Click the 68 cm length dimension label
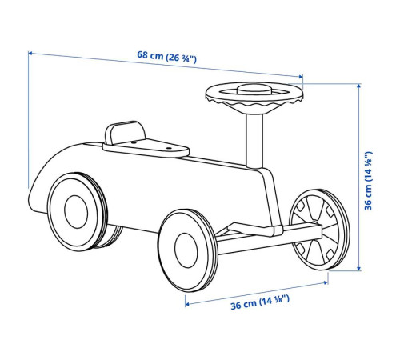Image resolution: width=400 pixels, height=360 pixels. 167,57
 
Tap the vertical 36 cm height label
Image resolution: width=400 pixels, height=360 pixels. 368,181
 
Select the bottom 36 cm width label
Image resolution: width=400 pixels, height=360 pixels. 260,302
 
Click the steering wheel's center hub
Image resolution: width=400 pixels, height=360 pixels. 254,89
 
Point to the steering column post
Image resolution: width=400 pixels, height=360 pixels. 254,141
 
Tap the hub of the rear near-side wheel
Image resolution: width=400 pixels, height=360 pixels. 76,212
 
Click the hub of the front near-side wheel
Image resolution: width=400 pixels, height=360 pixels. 186,250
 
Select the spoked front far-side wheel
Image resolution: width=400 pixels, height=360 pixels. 319,230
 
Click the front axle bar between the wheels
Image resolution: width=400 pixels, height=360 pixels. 270,239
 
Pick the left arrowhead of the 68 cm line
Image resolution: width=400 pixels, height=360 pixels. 30,54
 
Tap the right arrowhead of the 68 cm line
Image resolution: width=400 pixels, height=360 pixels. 301,77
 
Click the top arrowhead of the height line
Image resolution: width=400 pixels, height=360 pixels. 359,86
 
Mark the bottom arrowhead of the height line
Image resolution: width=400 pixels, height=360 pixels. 359,269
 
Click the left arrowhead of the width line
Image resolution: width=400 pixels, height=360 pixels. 187,304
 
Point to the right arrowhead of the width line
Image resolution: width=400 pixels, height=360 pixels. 326,282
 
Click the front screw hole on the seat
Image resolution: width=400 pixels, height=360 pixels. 168,148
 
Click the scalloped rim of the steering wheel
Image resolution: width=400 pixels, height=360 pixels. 254,102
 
